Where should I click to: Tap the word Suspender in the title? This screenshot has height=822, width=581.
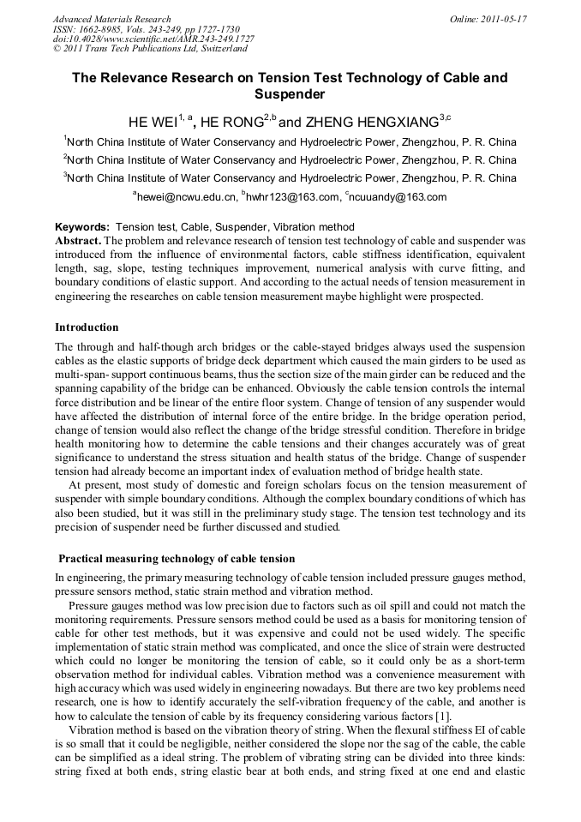290,94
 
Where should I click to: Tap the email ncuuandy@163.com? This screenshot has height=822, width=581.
398,197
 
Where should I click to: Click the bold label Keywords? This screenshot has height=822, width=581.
82,227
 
